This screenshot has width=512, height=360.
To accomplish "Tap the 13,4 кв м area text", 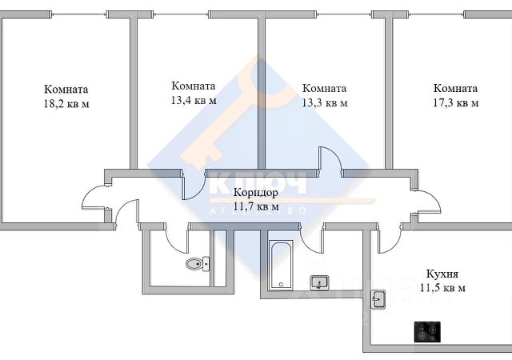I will pos(194,100).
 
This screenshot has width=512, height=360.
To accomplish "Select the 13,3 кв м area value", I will pos(324,102).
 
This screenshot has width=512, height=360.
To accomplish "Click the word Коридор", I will pos(256,193).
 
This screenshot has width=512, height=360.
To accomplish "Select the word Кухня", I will pos(442,273).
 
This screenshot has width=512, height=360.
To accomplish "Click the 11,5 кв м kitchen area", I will pos(442,287).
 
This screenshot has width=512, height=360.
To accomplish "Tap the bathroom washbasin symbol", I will pos(319,282).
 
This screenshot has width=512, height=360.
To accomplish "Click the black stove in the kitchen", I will pos(426,330).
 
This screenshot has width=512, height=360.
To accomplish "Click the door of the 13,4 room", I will pos(192,184).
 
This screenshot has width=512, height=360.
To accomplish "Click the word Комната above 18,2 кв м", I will pos(66,90).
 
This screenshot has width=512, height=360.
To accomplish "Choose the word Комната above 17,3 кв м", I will pos(455,88).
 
